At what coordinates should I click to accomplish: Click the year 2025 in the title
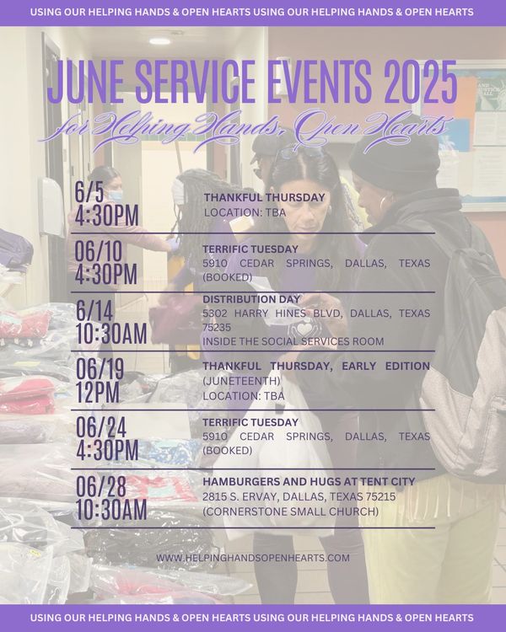pyautogui.click(x=421, y=83)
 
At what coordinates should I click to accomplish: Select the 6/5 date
pyautogui.click(x=89, y=192)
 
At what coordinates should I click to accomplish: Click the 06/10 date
pyautogui.click(x=99, y=252)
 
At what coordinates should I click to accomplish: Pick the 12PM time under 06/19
pyautogui.click(x=98, y=392)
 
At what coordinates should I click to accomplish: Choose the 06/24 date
pyautogui.click(x=101, y=427)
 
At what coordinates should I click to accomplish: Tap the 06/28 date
pyautogui.click(x=101, y=486)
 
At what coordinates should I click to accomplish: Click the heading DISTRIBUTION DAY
pyautogui.click(x=251, y=299)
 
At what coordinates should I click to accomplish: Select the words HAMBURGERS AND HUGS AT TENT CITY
pyautogui.click(x=309, y=482)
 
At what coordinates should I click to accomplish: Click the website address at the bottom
pyautogui.click(x=253, y=558)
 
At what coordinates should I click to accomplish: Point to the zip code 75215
pyautogui.click(x=380, y=496)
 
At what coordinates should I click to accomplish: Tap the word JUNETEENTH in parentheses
pyautogui.click(x=241, y=381)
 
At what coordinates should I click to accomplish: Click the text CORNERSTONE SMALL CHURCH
pyautogui.click(x=290, y=511)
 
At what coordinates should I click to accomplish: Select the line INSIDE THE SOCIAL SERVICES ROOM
pyautogui.click(x=293, y=341)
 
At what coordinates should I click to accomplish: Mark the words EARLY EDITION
pyautogui.click(x=385, y=366)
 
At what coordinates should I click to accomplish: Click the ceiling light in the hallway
pyautogui.click(x=160, y=41)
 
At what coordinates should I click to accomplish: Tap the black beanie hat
pyautogui.click(x=394, y=160)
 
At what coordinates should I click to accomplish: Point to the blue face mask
pyautogui.click(x=115, y=196)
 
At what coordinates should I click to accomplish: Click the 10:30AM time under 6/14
pyautogui.click(x=111, y=335)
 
